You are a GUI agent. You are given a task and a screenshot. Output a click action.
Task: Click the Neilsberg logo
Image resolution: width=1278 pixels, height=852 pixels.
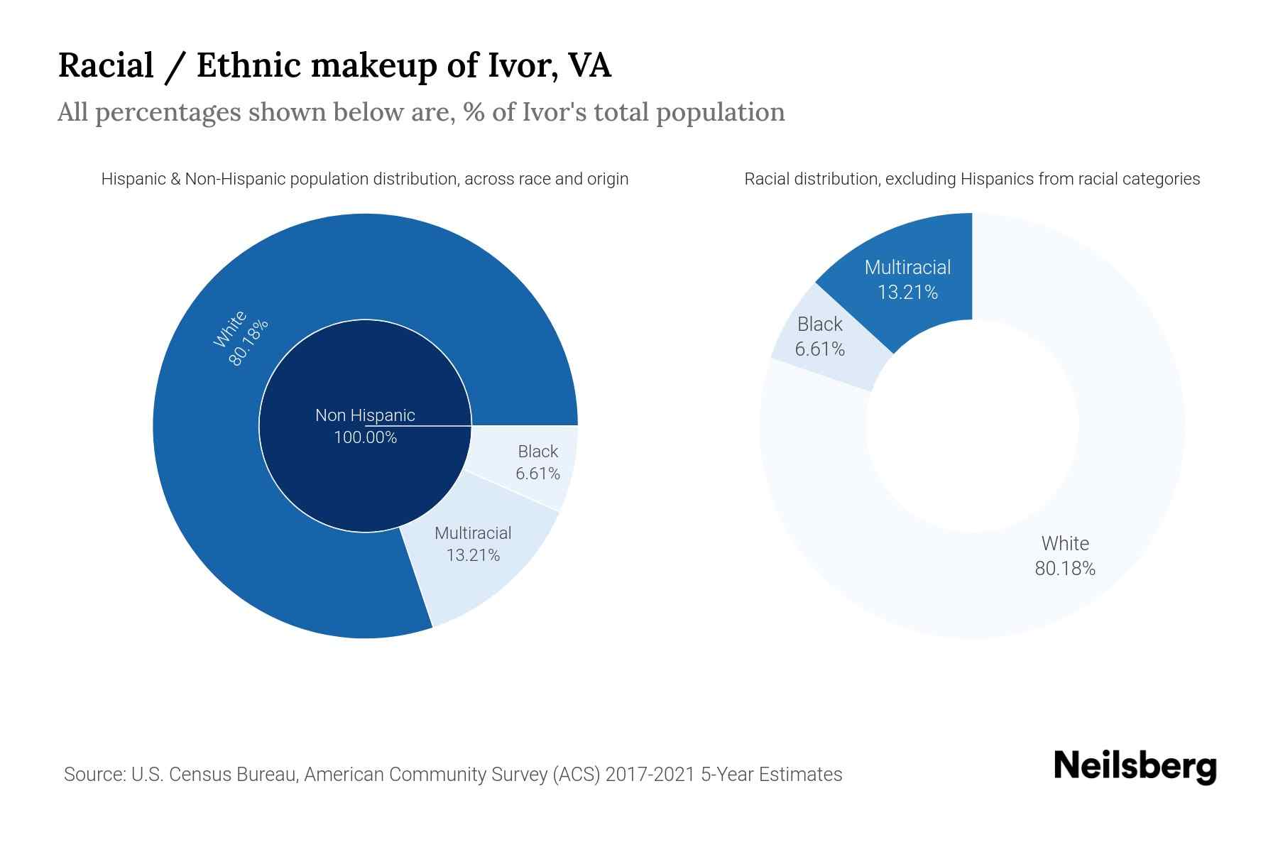pyautogui.click(x=1135, y=766)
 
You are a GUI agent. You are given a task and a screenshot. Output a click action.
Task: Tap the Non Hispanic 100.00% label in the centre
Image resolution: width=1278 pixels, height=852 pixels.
pyautogui.click(x=365, y=426)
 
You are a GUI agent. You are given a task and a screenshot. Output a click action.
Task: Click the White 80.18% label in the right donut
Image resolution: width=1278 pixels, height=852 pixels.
pyautogui.click(x=1064, y=556)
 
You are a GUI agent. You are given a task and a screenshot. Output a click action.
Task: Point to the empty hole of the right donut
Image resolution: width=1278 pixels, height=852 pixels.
pyautogui.click(x=972, y=426)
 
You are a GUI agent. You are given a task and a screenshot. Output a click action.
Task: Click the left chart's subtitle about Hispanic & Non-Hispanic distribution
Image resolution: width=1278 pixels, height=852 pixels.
pyautogui.click(x=365, y=179)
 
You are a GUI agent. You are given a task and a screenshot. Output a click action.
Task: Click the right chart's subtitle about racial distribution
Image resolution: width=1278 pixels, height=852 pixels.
pyautogui.click(x=972, y=179)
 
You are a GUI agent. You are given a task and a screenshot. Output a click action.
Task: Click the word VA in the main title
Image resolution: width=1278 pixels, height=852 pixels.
pyautogui.click(x=589, y=65)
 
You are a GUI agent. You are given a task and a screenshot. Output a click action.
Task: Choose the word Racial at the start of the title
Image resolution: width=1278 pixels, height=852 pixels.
pyautogui.click(x=106, y=65)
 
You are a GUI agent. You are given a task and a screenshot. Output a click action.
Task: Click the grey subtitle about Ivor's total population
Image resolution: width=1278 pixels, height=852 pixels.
pyautogui.click(x=421, y=112)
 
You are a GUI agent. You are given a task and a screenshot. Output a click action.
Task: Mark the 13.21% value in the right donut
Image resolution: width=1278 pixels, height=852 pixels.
pyautogui.click(x=907, y=293)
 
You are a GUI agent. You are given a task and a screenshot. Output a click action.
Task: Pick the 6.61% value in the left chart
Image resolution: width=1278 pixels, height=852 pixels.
pyautogui.click(x=537, y=474)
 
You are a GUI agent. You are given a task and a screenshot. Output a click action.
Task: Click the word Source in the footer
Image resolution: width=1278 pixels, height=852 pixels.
pyautogui.click(x=93, y=774)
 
